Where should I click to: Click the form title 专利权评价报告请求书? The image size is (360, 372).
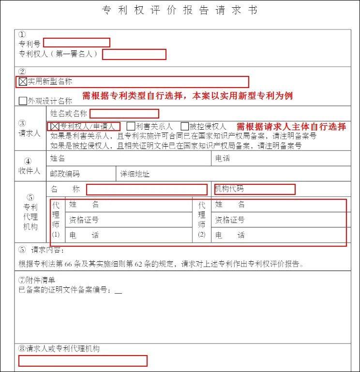pyautogui.click(x=180, y=10)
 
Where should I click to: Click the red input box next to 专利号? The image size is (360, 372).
pyautogui.click(x=76, y=43)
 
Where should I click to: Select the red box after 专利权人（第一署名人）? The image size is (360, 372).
pyautogui.click(x=134, y=54)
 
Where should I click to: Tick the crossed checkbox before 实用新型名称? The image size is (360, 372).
pyautogui.click(x=23, y=82)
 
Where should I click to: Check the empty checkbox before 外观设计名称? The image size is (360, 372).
pyautogui.click(x=23, y=101)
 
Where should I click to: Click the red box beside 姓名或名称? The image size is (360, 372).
pyautogui.click(x=124, y=114)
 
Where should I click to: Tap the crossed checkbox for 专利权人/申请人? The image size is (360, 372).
pyautogui.click(x=55, y=126)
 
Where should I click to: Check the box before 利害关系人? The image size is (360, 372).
pyautogui.click(x=131, y=126)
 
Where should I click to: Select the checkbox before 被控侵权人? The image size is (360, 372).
pyautogui.click(x=185, y=126)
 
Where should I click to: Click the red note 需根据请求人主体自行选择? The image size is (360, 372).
pyautogui.click(x=291, y=127)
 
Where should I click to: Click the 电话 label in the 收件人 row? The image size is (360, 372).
pyautogui.click(x=223, y=159)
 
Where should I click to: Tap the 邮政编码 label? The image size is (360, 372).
pyautogui.click(x=65, y=174)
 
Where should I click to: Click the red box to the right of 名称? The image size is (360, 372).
pyautogui.click(x=147, y=190)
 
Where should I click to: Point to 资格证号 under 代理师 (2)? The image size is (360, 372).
pyautogui.click(x=230, y=220)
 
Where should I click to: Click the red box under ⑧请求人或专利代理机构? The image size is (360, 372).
pyautogui.click(x=83, y=361)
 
